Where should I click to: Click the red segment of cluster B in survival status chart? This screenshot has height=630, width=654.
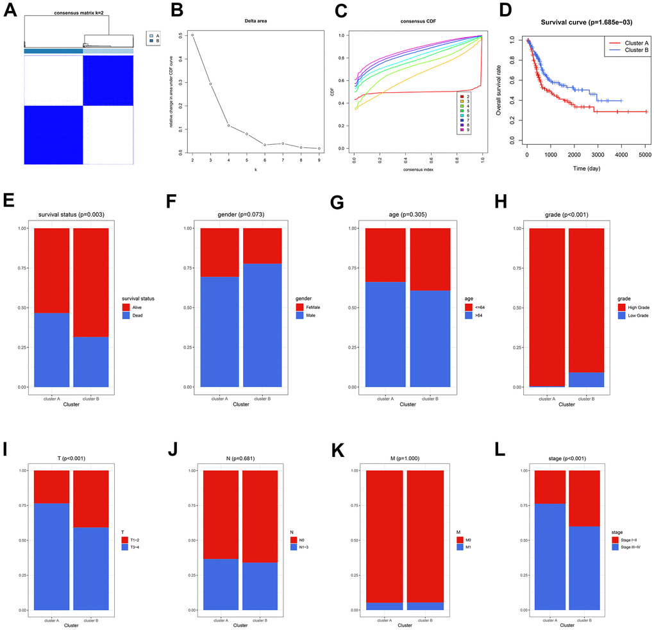(90, 282)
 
